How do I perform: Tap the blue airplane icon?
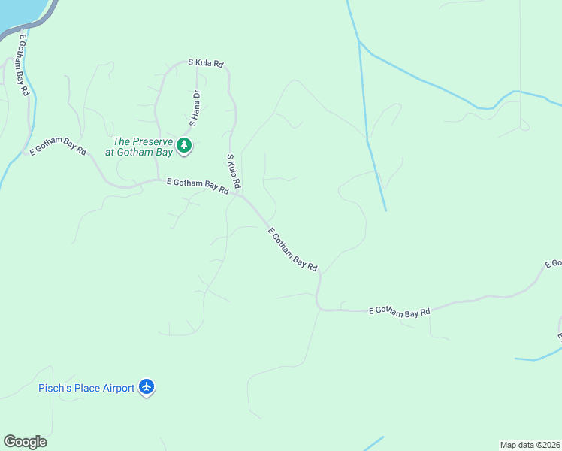(x=147, y=387)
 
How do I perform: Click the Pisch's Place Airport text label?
(x=86, y=388)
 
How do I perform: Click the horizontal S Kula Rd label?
(x=206, y=64)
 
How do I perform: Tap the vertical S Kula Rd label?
(x=233, y=171)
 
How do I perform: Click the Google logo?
(x=25, y=442)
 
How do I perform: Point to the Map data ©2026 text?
(x=530, y=445)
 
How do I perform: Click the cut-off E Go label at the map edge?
(x=553, y=264)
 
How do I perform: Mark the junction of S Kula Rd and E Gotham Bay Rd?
(x=239, y=195)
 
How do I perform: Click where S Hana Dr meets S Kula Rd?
(x=197, y=63)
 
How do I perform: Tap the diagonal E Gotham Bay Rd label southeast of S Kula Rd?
(x=293, y=250)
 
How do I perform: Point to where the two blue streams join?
(x=360, y=41)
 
